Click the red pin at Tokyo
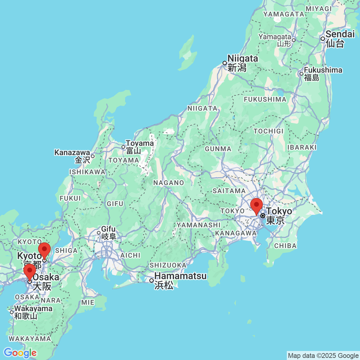256,206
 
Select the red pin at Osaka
30,271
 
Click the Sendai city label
340,34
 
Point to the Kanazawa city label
72,153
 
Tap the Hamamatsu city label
180,276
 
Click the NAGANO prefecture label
169,183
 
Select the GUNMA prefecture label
218,149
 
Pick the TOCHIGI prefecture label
268,131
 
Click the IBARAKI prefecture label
302,147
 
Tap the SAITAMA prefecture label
229,191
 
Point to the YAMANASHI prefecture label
199,225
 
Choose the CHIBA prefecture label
285,246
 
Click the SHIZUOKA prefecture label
168,265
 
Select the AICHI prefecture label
130,255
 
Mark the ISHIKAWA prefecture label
87,172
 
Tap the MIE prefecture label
88,302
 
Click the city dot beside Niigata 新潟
225,63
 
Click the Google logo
20,353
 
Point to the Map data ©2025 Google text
323,356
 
